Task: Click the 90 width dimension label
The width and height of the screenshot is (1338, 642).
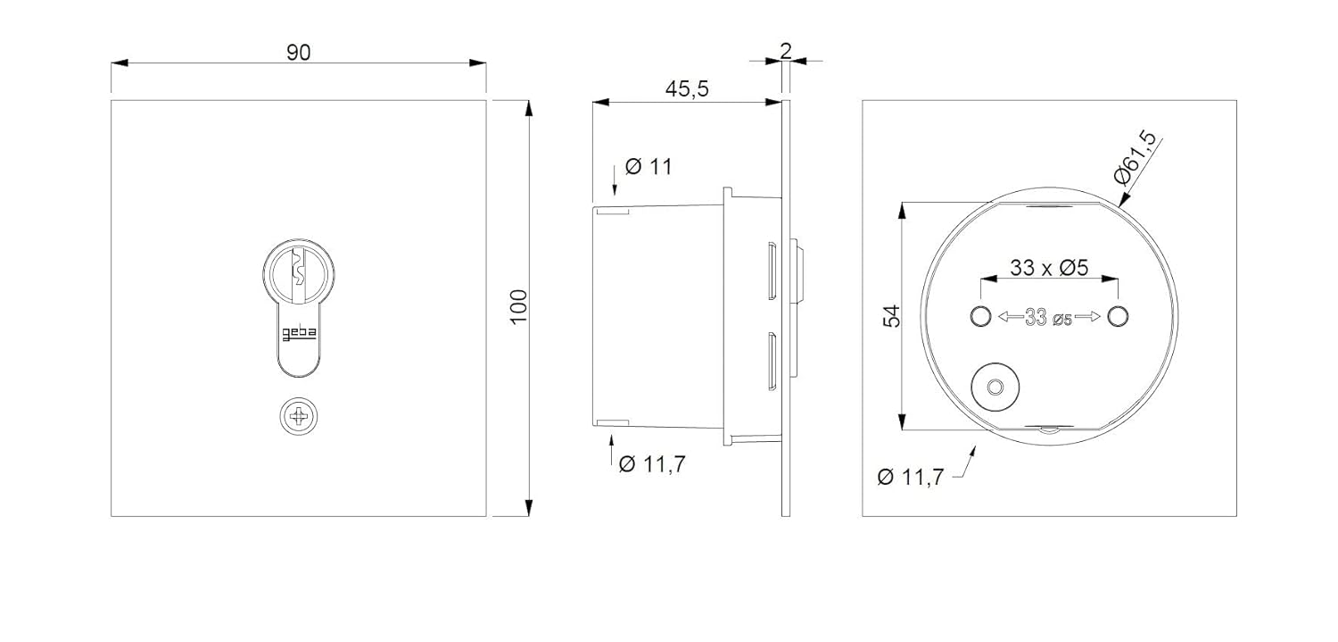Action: (x=298, y=53)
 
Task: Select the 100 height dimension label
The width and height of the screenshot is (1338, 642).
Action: (x=519, y=307)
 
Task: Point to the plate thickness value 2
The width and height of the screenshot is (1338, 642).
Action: (x=785, y=50)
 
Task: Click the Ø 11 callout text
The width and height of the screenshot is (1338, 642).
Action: (x=648, y=166)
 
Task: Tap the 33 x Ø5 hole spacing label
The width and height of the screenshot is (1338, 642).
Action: (x=1049, y=267)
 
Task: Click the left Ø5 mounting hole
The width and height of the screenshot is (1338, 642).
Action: (x=979, y=316)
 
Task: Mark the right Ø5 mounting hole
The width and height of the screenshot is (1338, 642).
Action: (x=1118, y=316)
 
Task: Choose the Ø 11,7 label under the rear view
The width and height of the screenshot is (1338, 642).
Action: (x=910, y=477)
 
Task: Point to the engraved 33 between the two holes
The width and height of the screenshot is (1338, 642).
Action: (x=1036, y=318)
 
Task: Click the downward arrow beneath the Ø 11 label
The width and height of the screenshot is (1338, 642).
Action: (x=615, y=183)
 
